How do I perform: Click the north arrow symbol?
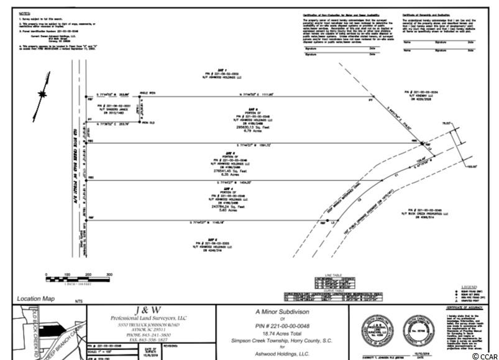click(42, 94)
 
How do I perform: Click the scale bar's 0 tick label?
click(46, 274)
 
